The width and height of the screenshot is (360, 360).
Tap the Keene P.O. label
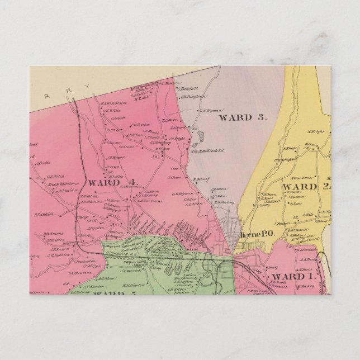click(x=256, y=235)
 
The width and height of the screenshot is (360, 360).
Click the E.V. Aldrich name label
click(x=42, y=213)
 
